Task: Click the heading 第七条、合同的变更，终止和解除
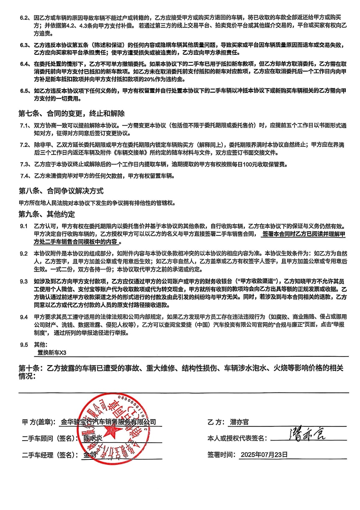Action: (x=72, y=114)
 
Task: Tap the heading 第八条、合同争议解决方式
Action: (x=61, y=191)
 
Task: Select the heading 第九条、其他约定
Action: (x=47, y=215)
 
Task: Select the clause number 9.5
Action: (x=24, y=344)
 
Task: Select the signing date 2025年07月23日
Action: (x=265, y=454)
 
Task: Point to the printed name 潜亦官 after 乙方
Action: (x=239, y=423)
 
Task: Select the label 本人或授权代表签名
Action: (x=237, y=438)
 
